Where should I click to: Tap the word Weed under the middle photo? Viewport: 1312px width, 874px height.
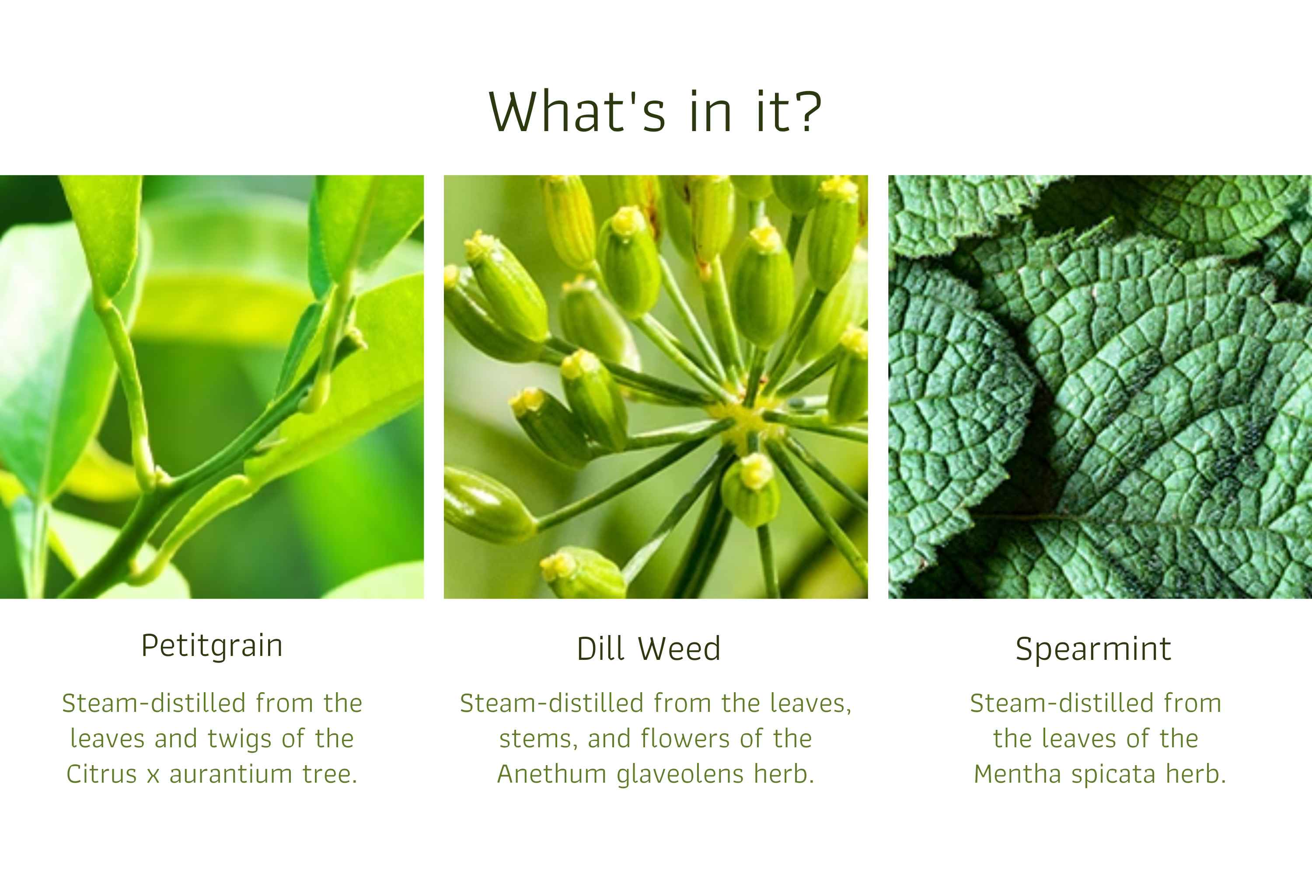[x=680, y=649]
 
